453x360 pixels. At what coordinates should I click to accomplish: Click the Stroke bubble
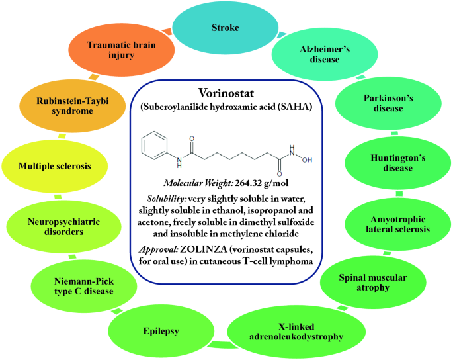226,28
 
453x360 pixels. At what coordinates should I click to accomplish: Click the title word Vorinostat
226,92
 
